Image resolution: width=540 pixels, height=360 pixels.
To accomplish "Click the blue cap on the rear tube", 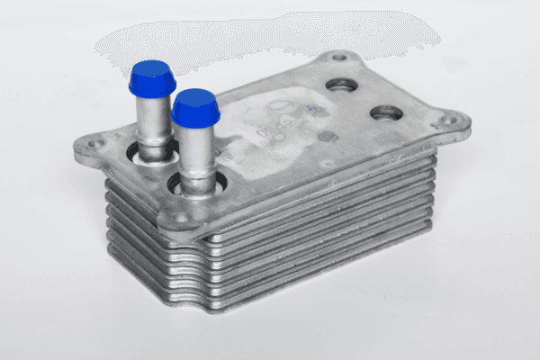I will click(152, 79).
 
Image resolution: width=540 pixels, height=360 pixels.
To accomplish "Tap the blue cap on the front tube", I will click(194, 108).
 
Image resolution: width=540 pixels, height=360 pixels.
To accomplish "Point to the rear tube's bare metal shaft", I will click(153, 121).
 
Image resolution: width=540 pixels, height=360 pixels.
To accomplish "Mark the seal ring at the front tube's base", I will click(194, 187).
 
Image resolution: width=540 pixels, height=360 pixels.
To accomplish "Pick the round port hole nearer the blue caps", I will click(341, 85).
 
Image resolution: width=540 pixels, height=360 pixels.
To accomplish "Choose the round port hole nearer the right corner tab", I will click(386, 113).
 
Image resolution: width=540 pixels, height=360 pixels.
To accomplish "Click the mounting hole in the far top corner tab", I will click(338, 58).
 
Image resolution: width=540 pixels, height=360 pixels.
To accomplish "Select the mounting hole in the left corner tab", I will click(93, 141).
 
